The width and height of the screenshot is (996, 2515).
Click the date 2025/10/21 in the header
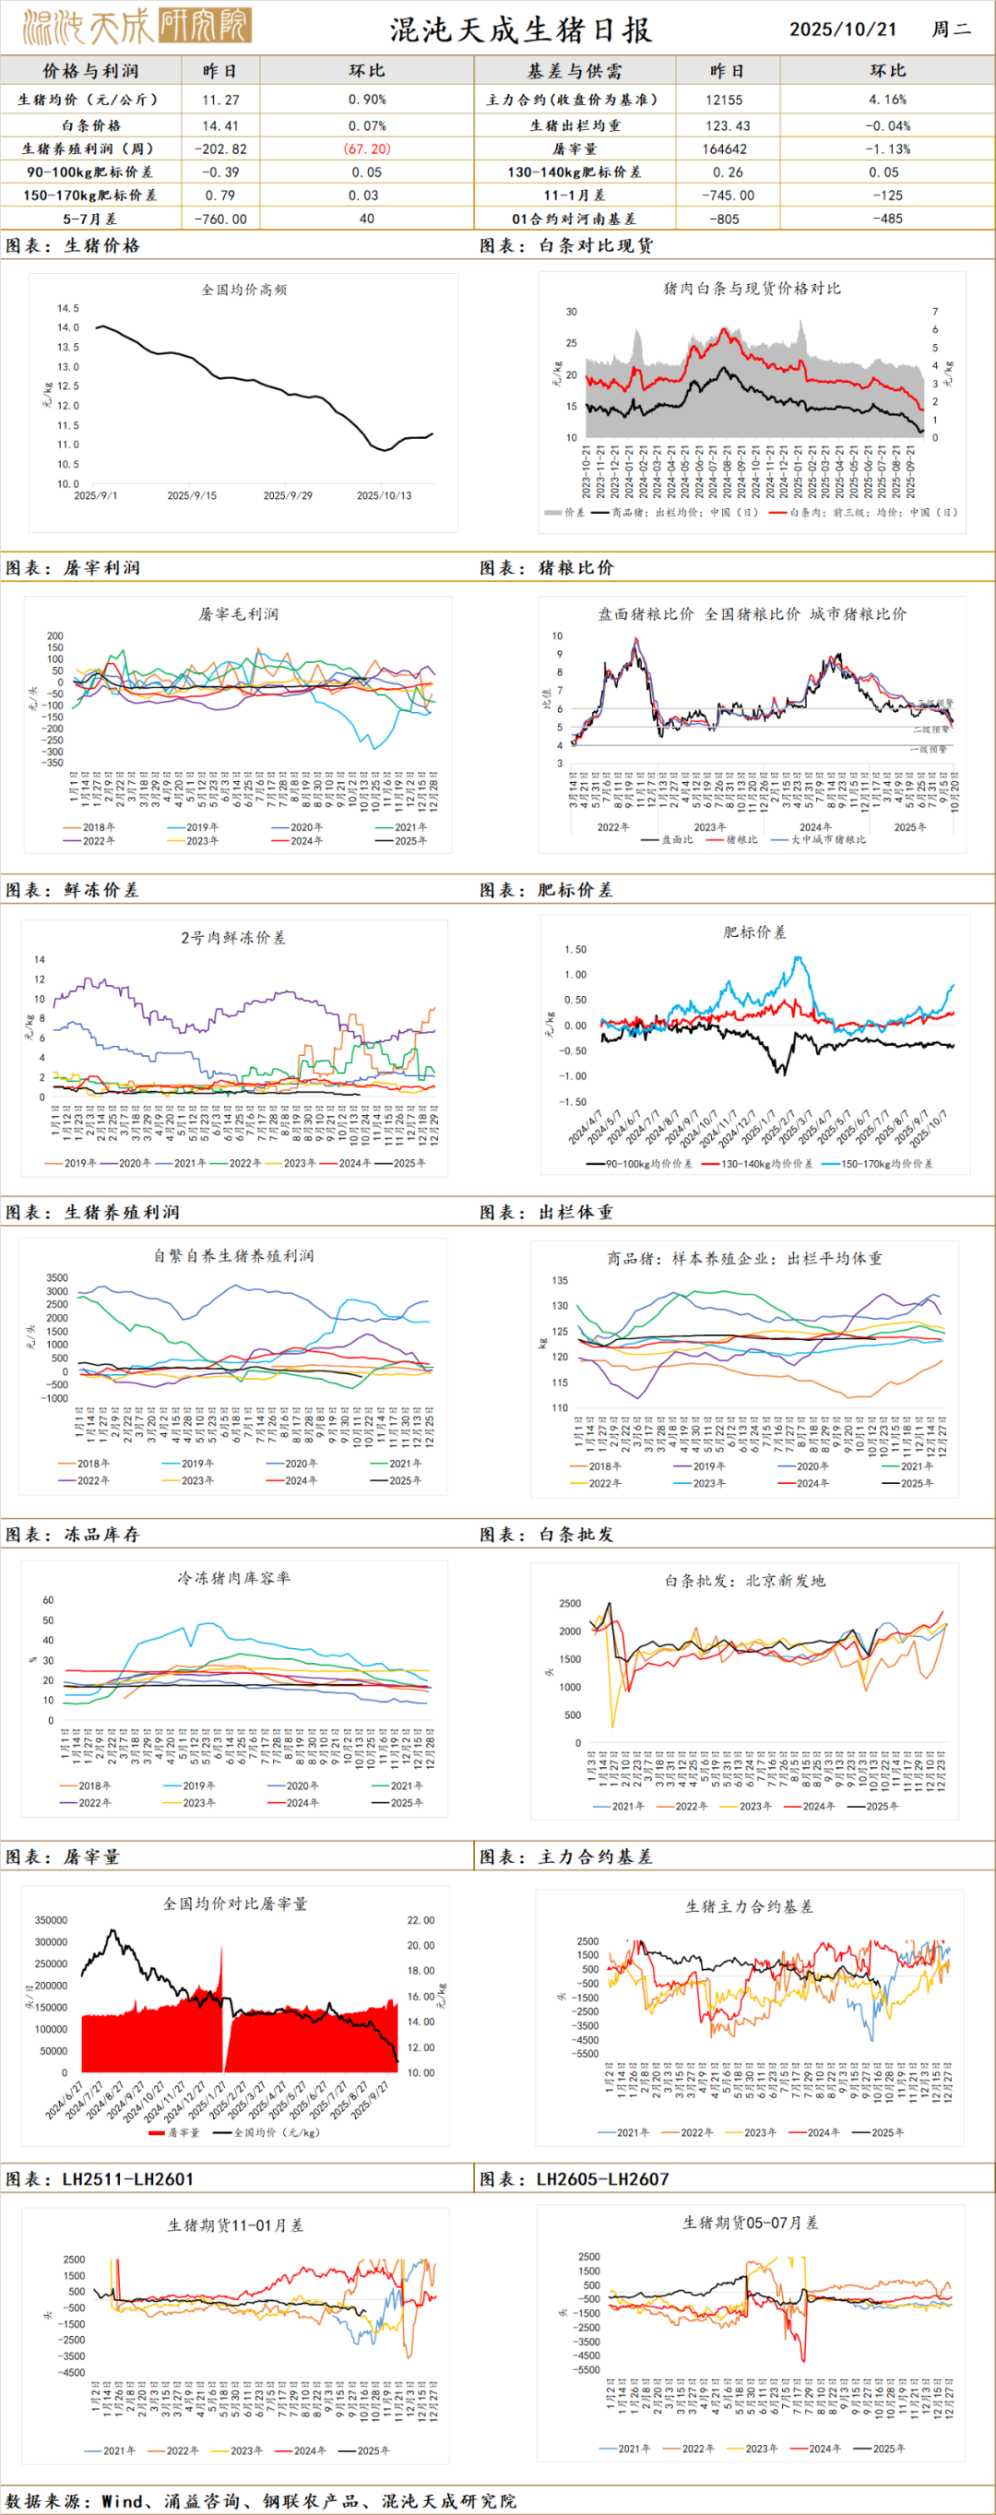(x=842, y=30)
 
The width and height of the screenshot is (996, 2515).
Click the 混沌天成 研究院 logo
(x=136, y=28)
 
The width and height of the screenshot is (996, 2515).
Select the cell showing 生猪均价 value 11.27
(x=219, y=100)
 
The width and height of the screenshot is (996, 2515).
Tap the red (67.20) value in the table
(x=366, y=148)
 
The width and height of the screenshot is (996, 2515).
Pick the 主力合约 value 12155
(x=725, y=100)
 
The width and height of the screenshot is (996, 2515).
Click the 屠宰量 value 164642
(x=725, y=148)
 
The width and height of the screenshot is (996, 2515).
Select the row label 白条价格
(x=90, y=125)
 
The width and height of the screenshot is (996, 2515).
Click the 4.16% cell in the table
(x=886, y=100)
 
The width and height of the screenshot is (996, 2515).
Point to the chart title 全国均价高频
(x=243, y=290)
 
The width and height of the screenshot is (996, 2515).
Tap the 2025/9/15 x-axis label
(x=192, y=496)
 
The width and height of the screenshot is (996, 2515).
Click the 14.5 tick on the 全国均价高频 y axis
(x=67, y=309)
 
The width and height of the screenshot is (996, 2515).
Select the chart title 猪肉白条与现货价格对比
(x=751, y=288)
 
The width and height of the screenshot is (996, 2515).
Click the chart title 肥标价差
(x=753, y=932)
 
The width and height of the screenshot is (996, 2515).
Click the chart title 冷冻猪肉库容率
(x=233, y=1578)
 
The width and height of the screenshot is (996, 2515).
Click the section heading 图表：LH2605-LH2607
(x=575, y=2179)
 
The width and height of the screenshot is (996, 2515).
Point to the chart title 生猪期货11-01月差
(x=235, y=2225)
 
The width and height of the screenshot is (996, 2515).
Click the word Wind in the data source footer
(x=122, y=2500)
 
